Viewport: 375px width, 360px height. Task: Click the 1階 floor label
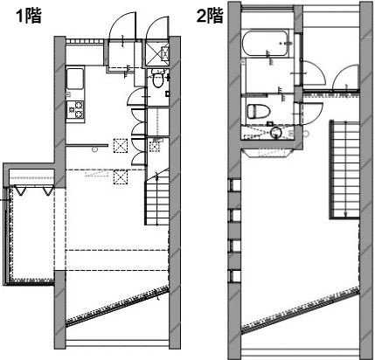(29, 16)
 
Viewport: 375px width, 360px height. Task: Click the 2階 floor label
(210, 16)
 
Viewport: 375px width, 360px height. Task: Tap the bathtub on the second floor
(265, 44)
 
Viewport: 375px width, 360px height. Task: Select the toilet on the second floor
(259, 112)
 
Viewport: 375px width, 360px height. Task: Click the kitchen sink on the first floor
(75, 79)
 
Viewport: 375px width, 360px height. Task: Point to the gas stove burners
(75, 109)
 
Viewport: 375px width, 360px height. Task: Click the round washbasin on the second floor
(275, 133)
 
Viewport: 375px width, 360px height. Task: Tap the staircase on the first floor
(157, 198)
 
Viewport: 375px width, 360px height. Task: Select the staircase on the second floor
(344, 170)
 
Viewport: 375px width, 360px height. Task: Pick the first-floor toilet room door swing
(136, 96)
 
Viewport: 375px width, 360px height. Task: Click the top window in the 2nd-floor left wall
(235, 185)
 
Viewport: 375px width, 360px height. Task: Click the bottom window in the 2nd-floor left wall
(235, 276)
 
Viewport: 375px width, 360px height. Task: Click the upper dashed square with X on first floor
(121, 146)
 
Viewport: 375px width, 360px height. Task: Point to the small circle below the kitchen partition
(94, 149)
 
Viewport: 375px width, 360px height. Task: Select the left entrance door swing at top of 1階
(122, 25)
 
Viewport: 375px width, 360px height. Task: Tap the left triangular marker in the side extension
(20, 191)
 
